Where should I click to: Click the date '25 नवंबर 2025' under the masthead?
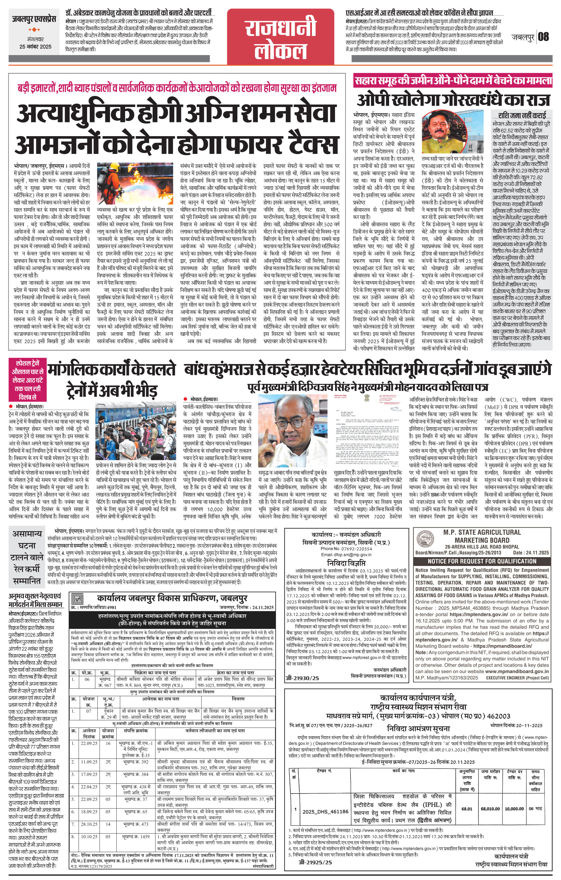(35, 47)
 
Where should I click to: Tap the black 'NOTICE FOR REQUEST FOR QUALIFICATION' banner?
(482, 561)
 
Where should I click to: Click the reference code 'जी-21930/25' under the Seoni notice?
(302, 678)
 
